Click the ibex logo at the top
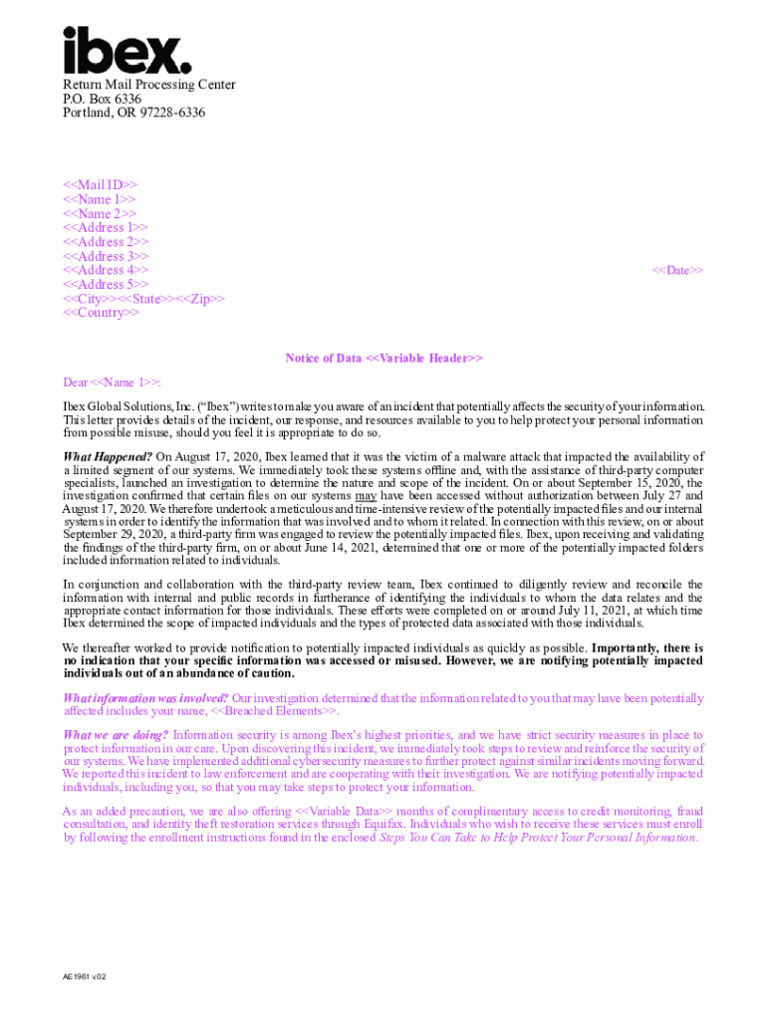[x=127, y=50]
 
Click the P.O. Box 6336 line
[x=102, y=99]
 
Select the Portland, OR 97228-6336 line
[x=133, y=113]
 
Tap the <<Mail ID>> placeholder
[x=100, y=185]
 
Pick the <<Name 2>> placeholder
[x=100, y=214]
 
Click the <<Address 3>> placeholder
[x=106, y=256]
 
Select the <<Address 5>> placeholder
[x=106, y=284]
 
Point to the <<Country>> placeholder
[x=101, y=313]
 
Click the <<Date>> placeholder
[x=677, y=270]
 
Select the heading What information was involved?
[x=145, y=698]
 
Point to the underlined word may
[x=366, y=495]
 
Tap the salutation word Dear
[x=76, y=382]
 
